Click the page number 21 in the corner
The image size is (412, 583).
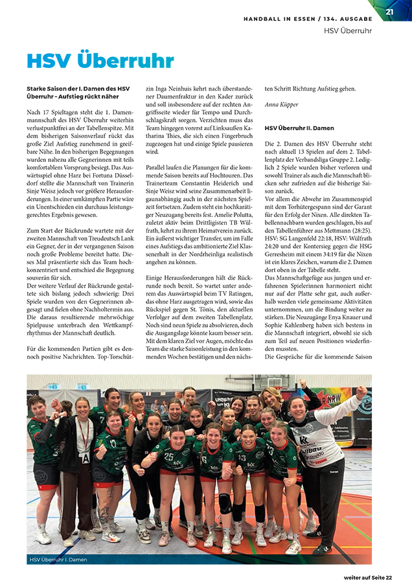tap(389, 11)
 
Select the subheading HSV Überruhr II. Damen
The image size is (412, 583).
tap(299, 128)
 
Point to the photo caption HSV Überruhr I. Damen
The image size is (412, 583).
tap(58, 558)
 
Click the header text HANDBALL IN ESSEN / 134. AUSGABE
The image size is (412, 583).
tap(308, 19)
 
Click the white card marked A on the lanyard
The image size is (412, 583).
tap(84, 458)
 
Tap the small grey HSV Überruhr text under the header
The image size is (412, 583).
tap(348, 30)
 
